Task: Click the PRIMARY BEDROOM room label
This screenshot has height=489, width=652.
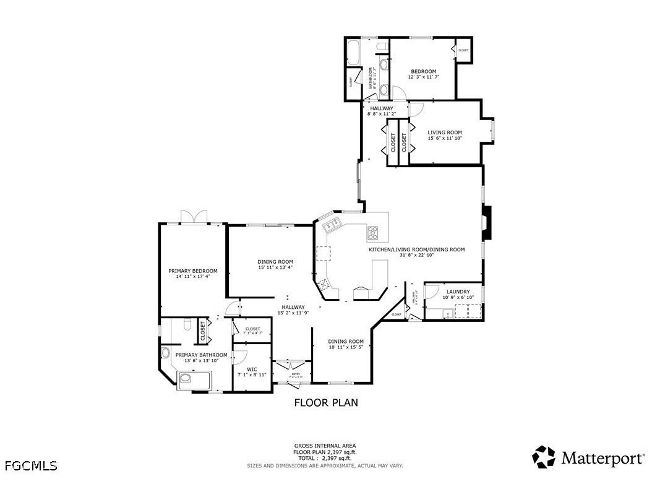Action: click(x=193, y=271)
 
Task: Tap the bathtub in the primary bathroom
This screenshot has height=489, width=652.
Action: click(x=194, y=379)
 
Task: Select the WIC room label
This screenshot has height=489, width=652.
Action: click(x=252, y=369)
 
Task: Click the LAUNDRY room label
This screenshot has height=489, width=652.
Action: click(x=458, y=292)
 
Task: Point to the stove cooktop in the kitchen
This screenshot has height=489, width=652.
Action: click(x=373, y=233)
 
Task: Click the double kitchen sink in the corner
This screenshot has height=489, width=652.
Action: click(x=328, y=224)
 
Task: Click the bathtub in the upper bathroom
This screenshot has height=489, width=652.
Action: click(x=354, y=53)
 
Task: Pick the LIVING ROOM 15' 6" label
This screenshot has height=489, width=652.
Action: click(x=445, y=132)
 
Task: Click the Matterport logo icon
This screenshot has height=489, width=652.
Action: click(x=544, y=457)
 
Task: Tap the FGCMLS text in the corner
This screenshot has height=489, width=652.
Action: click(x=30, y=465)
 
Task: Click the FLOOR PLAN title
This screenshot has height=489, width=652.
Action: click(x=325, y=403)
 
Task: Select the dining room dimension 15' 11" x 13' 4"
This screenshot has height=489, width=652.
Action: click(x=275, y=267)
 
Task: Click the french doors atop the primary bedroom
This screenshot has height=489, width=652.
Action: click(x=194, y=218)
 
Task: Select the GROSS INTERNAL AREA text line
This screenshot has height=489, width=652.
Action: click(x=325, y=446)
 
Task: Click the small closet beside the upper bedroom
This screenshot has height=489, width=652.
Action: click(x=463, y=50)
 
